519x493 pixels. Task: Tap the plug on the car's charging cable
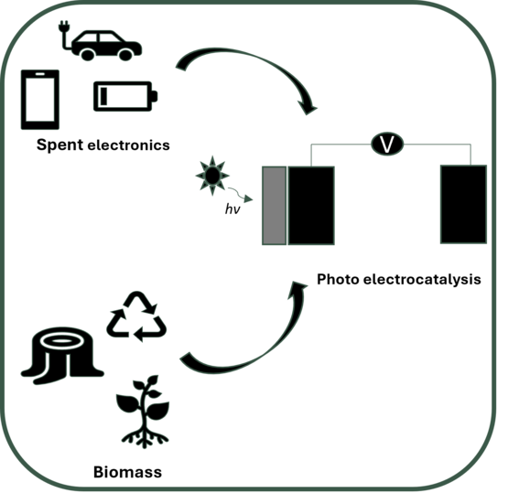pos(63,27)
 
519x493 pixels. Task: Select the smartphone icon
pos(40,100)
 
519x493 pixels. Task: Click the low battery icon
pos(125,96)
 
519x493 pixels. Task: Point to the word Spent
pos(59,145)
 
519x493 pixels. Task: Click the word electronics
pos(128,145)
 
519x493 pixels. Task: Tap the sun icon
pos(212,176)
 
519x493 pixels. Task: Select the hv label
pos(232,209)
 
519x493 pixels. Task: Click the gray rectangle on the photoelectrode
pos(274,206)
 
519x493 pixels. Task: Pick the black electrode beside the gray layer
pos(311,206)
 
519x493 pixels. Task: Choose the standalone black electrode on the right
pos(463,204)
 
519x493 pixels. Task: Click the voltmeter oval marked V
pos(387,145)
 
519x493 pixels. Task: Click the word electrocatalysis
pos(422,279)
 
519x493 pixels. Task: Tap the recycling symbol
pos(136,316)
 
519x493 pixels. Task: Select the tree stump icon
pos(62,356)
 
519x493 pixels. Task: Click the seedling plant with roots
pos(144,412)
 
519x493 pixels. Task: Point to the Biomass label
pos(128,472)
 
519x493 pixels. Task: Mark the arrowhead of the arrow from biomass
pos(297,288)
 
